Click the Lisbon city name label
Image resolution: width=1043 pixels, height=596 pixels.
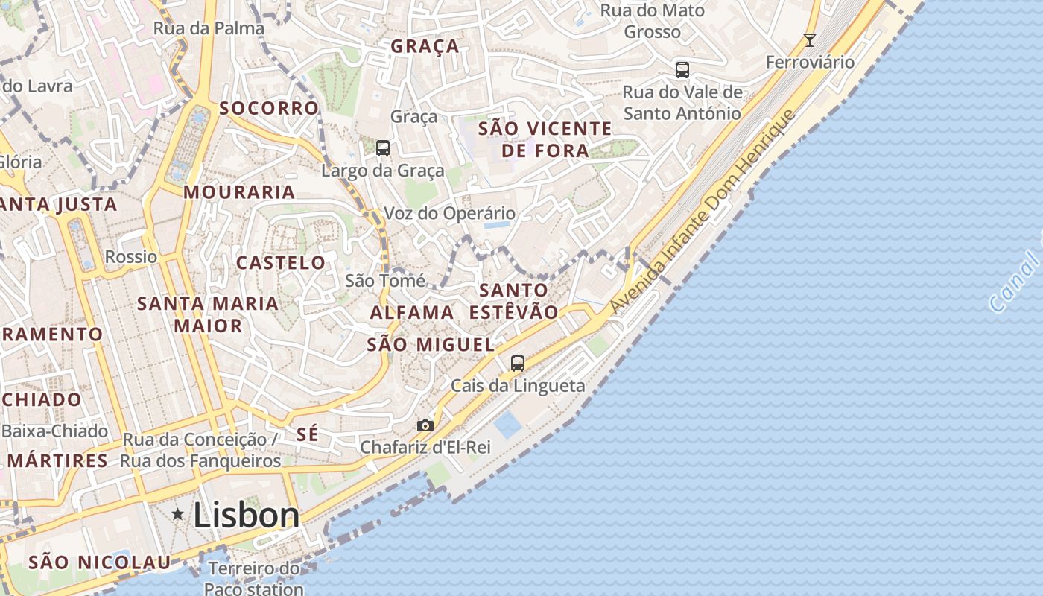coord(247,515)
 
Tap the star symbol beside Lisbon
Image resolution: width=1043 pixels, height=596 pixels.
coord(178,514)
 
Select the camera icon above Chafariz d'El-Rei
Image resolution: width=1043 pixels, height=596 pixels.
coord(425,425)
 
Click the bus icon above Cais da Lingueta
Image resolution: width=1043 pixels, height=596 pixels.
coord(518,364)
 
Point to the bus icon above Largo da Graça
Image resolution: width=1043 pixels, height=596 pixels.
coord(383,148)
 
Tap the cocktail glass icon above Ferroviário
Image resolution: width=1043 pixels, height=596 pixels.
coord(810,39)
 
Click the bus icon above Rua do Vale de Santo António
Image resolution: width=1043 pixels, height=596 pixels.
coord(682,70)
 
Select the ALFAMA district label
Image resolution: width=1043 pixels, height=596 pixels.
coord(412,312)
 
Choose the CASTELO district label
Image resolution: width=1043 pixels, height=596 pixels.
coord(281,262)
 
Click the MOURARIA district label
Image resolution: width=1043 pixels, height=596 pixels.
coord(239,191)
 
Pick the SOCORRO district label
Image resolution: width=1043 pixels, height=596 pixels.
coord(269,108)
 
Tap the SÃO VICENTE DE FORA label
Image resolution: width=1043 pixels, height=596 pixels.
coord(545,139)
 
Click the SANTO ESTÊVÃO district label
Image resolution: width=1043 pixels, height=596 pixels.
coord(514,301)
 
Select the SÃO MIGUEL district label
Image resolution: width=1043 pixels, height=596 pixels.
coord(431,344)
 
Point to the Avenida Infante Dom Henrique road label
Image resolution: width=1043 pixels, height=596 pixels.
coord(703,212)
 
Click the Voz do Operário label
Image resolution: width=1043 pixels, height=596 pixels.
coord(449,213)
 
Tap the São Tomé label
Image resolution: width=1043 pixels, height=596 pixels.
coord(385,281)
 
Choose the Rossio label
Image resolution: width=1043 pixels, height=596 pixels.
coord(131,257)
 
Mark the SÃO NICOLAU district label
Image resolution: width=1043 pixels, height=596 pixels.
coord(99,562)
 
